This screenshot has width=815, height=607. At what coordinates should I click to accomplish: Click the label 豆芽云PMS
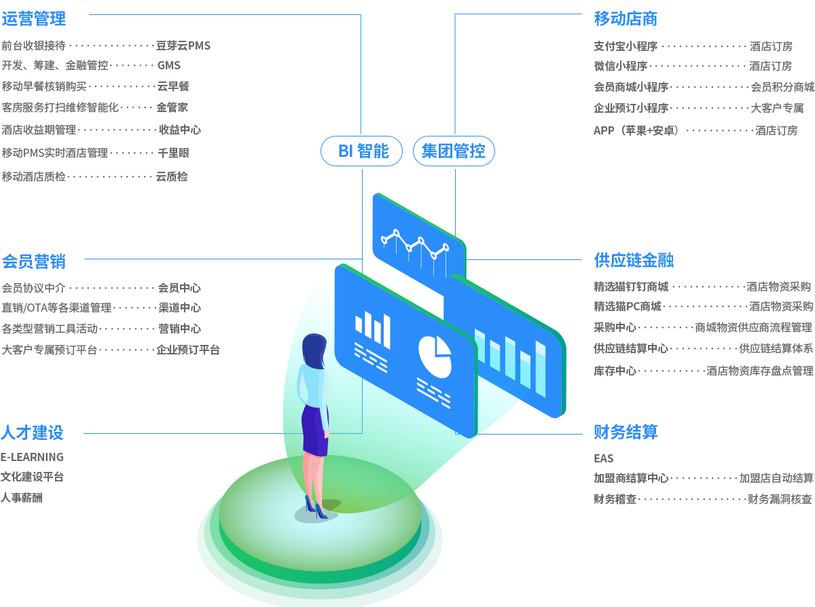coord(183,46)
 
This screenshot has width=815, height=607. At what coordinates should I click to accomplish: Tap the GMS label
coord(169,66)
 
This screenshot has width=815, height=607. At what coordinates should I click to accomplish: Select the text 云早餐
coord(173,86)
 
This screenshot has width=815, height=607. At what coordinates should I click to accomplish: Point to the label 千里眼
coord(173,153)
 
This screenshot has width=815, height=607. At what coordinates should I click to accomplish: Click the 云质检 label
coord(172,177)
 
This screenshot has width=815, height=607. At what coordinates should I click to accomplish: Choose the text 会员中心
coord(179,288)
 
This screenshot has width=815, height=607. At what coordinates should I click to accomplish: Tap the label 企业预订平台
coord(188,350)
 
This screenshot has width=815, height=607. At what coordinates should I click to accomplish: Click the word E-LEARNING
coord(32,456)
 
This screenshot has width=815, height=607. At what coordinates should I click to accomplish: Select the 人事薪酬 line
coord(21,498)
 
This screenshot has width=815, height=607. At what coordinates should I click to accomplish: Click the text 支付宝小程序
coord(626,46)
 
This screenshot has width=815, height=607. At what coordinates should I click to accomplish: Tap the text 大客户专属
coord(777,108)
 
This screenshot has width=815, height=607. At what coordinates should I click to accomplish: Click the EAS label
coord(603,458)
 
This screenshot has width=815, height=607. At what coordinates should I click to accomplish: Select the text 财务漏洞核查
coord(780,499)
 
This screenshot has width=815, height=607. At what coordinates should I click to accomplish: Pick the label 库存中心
coord(615,371)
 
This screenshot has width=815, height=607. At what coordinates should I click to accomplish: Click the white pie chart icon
coord(435,356)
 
